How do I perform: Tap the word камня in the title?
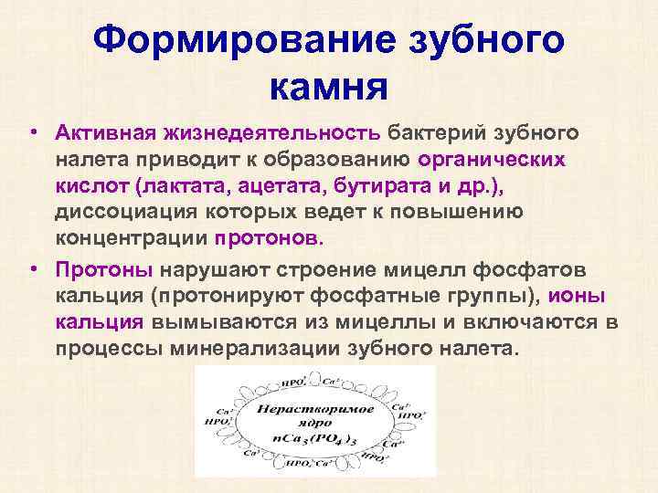click(330, 88)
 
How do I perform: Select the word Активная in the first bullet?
click(106, 134)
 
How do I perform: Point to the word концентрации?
click(132, 238)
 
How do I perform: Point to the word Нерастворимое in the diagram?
click(314, 407)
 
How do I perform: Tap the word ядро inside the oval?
click(313, 422)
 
